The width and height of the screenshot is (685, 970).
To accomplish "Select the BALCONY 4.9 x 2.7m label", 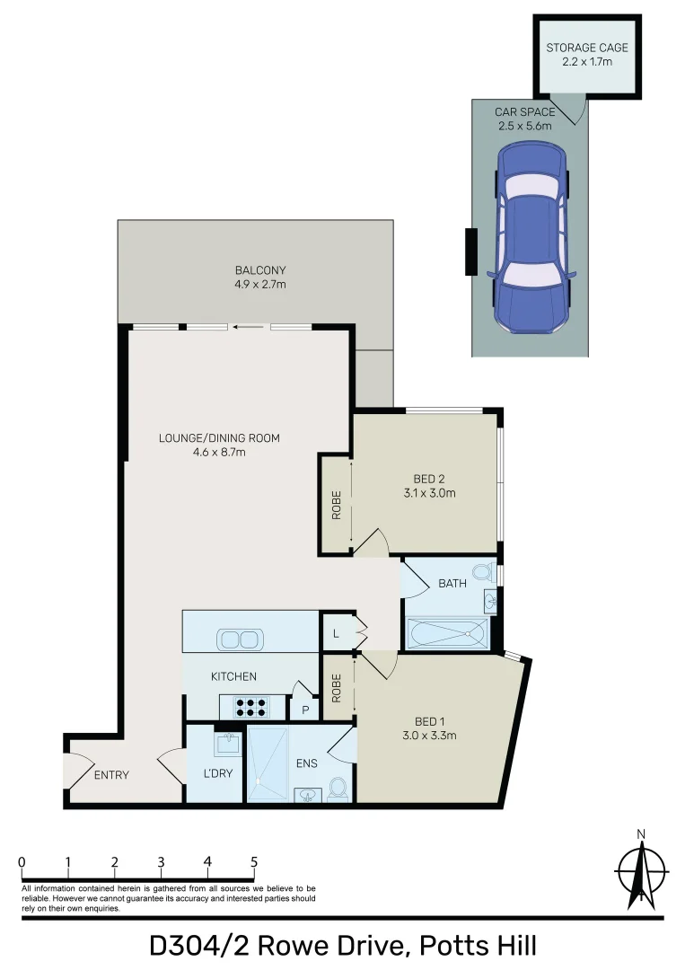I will point(260,277).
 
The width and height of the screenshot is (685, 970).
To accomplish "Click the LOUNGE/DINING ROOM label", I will point(219,445).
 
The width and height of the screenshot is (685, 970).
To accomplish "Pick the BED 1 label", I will point(430,727).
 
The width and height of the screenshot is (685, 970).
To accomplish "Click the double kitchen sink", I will point(240,639).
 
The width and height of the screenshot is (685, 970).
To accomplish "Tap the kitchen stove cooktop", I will point(251,707).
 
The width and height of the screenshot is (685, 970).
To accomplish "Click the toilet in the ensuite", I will point(338,788).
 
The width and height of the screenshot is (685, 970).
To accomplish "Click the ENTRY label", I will point(111,775).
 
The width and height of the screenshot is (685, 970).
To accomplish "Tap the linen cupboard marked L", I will point(336,634).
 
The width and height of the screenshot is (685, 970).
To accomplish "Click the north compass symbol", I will point(641,871).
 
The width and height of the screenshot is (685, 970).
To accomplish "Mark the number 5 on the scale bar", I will point(254,861).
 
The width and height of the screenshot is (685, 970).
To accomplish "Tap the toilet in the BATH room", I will point(483,572).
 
